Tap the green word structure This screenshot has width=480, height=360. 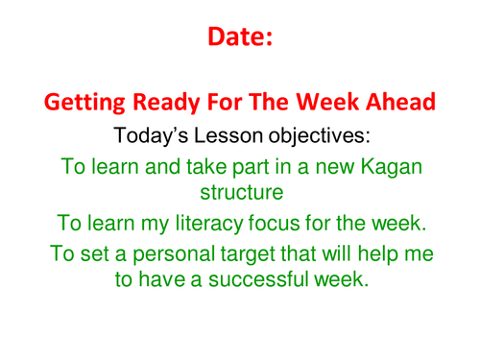239,192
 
